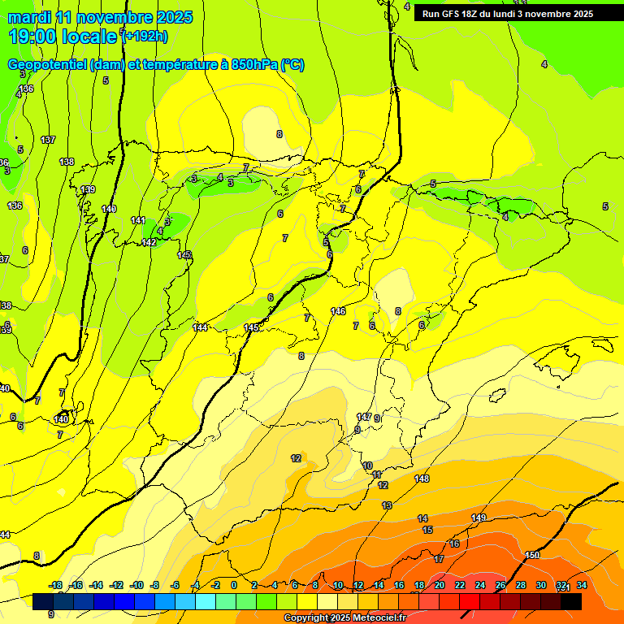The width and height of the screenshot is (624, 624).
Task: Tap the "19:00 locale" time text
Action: click(63, 37)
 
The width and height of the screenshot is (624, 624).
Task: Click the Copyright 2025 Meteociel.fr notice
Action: click(344, 618)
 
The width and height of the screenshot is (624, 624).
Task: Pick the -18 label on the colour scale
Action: click(56, 585)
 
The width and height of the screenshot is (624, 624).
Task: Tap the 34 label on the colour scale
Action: click(582, 585)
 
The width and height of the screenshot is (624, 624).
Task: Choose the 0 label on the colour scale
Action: click(234, 585)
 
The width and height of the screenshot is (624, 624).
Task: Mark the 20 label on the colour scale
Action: click(440, 585)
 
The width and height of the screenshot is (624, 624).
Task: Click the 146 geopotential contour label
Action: click(338, 311)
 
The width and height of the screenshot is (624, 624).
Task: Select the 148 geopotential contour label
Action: click(422, 479)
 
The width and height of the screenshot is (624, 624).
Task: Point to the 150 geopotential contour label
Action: click(532, 555)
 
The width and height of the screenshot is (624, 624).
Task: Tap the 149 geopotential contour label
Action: click(479, 518)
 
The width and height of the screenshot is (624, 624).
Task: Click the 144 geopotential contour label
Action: click(200, 327)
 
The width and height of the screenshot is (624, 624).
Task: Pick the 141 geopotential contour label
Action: click(138, 220)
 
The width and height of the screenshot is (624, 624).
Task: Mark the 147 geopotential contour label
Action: click(364, 417)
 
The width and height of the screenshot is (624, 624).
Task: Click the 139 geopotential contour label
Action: click(88, 189)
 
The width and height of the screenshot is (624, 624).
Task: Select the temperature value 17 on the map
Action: click(439, 559)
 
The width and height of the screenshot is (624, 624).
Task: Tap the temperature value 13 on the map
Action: click(387, 505)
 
